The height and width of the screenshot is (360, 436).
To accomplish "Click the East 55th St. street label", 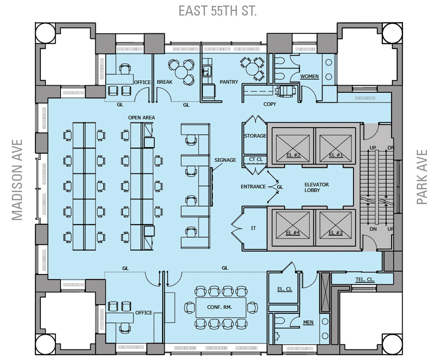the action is click(217, 11).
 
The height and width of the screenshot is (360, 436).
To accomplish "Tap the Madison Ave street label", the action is click(17, 180).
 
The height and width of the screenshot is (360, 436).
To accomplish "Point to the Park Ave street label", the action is click(422, 177).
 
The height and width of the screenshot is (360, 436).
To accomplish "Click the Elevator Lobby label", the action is click(317, 188).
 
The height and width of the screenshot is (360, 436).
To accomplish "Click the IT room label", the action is click(253, 228).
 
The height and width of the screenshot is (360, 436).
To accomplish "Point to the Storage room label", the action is click(255, 136).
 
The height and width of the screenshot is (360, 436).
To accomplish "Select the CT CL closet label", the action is click(256, 159).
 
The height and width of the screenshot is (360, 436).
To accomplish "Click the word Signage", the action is click(225, 160).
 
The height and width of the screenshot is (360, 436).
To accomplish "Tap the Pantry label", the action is click(229, 82).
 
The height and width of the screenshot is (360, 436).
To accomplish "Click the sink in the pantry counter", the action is click(206, 70).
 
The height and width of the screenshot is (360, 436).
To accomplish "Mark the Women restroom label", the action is click(309, 76).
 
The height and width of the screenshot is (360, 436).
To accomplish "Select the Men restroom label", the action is click(308, 322).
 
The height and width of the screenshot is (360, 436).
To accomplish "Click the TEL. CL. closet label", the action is click(365, 279).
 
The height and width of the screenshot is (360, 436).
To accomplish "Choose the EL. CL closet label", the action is click(285, 289).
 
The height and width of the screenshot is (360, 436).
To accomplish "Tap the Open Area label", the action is click(141, 118).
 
